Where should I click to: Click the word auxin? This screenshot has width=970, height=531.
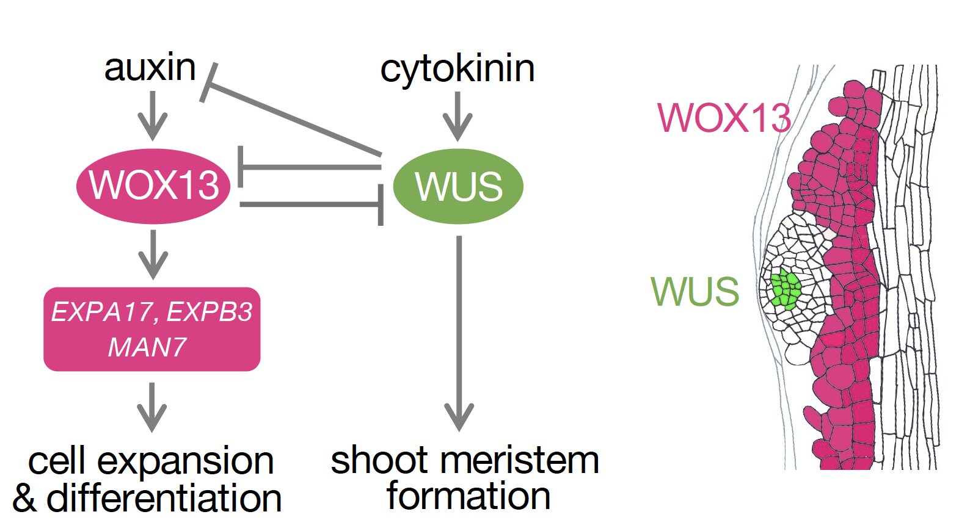pos(150,68)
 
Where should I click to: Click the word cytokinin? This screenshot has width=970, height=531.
pos(457,69)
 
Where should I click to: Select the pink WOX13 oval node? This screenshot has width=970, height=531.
pos(153,185)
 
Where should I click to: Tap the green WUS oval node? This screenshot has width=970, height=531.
pos(458,186)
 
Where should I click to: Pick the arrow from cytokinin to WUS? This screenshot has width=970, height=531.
pos(458,116)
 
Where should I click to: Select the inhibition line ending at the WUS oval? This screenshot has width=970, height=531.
pos(312,204)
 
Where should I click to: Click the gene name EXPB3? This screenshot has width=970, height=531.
pos(209,312)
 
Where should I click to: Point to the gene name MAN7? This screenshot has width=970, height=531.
pos(147,348)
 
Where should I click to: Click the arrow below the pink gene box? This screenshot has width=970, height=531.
pos(152,406)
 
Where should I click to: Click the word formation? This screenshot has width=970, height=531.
pos(469,496)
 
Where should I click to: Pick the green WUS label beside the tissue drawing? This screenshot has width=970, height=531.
pos(695,292)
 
